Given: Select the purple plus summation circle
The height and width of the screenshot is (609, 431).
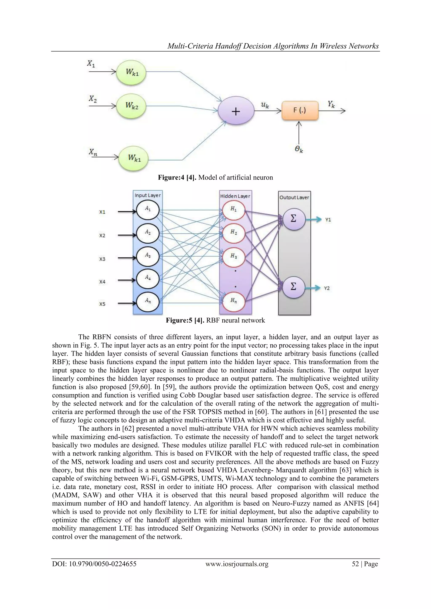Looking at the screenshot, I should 236,111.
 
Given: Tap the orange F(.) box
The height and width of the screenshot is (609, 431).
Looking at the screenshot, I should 300,111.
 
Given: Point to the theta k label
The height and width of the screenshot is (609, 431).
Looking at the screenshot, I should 299,150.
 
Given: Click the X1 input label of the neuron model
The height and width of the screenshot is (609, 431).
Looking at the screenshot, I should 91,64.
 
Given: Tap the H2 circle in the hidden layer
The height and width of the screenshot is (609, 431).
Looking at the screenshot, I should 234,233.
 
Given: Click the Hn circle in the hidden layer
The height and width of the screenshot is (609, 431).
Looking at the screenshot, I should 234,301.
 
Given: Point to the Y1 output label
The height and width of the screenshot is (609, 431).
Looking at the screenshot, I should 328,220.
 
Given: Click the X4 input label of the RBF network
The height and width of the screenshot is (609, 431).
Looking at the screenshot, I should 102,282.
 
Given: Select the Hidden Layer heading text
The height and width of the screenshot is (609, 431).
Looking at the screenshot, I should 235,196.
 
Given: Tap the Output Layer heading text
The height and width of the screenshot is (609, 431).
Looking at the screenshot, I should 294,198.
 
